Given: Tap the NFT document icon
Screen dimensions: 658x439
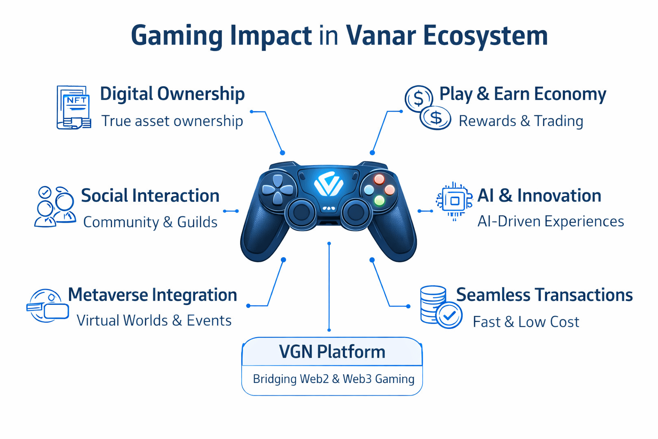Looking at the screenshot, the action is tap(74, 107).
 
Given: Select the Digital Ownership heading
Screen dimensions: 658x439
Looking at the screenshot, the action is tap(172, 94).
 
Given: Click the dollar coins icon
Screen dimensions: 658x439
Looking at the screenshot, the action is tap(428, 107).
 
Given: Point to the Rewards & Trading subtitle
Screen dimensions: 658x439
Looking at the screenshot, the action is tap(521, 121).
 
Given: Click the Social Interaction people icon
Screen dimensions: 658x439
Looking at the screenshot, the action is tap(55, 206).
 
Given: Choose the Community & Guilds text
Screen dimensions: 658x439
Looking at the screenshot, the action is tap(150, 222).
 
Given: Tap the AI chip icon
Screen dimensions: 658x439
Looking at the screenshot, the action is tap(455, 201).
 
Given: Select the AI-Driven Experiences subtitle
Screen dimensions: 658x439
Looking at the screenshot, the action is tap(550, 221).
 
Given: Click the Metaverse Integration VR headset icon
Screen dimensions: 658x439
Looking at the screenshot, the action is tap(48, 306).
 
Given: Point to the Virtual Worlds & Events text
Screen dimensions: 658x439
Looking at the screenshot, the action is tap(154, 320).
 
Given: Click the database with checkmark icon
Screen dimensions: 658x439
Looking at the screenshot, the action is tap(441, 307).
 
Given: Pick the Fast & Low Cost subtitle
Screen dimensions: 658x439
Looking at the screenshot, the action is tap(526, 322).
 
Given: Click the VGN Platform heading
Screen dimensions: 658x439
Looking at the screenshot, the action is tap(332, 352).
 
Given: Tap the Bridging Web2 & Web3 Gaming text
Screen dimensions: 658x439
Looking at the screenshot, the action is tap(334, 379).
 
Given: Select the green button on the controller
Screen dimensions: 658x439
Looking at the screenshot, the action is tap(379, 201).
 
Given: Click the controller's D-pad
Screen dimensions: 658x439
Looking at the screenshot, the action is tap(278, 189).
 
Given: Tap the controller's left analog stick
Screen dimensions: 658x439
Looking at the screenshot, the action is tap(302, 212).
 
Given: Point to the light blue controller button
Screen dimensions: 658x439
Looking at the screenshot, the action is tap(369, 189).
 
